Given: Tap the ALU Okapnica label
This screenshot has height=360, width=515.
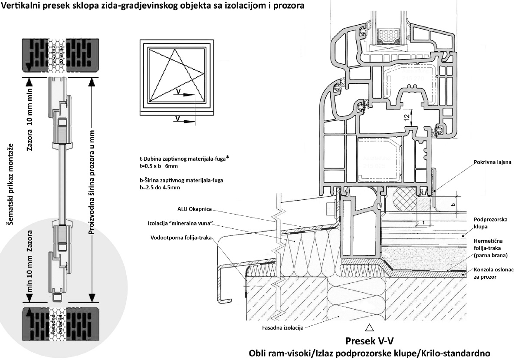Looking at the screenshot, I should click(x=193, y=209).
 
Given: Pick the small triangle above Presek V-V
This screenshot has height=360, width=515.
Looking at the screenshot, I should click(x=370, y=327).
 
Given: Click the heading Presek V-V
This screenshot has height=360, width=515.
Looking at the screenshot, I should click(x=370, y=339).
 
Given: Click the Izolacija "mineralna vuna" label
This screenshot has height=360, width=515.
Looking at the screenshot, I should click(x=184, y=224).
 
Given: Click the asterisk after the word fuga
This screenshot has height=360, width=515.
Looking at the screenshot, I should click(x=227, y=157).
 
